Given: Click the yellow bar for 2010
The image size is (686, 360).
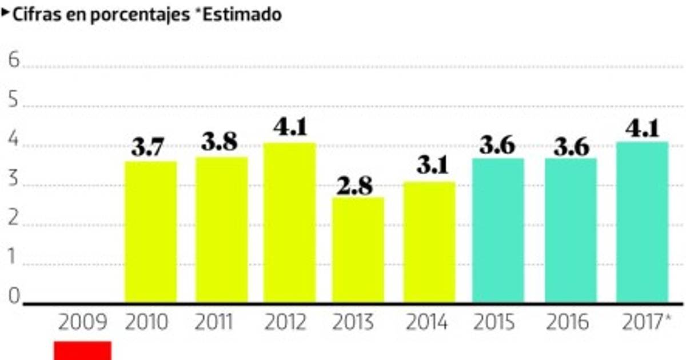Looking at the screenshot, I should [x=150, y=231].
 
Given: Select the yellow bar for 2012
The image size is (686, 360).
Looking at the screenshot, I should [x=289, y=223].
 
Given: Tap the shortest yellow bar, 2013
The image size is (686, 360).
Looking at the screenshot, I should [x=358, y=250].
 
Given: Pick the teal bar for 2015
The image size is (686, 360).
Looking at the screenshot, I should [x=497, y=230].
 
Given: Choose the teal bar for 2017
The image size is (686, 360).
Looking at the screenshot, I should [x=642, y=222].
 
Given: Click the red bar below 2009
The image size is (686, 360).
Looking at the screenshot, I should [x=82, y=350].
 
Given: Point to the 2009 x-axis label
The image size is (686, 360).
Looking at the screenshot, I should [x=83, y=323].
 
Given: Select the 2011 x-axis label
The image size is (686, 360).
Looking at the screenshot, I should [x=213, y=323].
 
